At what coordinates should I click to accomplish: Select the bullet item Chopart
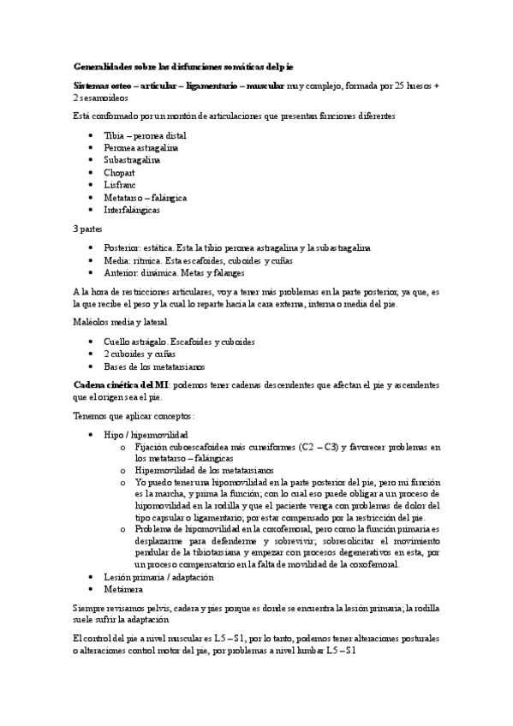point(120,172)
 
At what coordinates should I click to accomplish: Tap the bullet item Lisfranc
point(120,185)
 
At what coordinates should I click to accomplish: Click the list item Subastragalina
point(132,160)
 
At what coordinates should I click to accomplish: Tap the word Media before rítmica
point(116,261)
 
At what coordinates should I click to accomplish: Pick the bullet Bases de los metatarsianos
point(154,366)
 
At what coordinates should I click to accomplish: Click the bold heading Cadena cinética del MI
point(122,385)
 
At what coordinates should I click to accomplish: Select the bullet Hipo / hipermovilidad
point(146,435)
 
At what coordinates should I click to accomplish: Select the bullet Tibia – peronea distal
point(145,135)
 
